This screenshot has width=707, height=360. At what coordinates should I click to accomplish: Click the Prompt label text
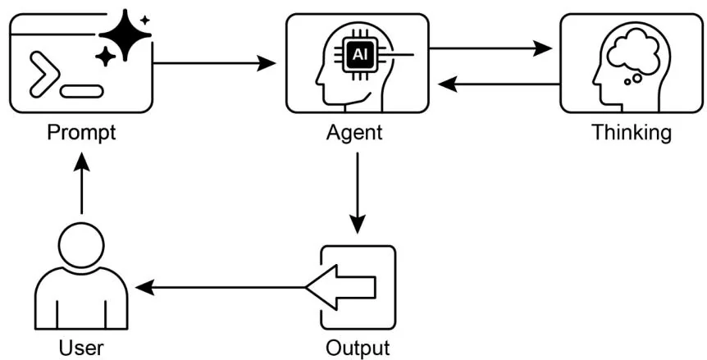[x=80, y=132]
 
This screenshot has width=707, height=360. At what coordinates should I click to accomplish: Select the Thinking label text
[x=632, y=132]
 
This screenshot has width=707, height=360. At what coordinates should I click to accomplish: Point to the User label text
[x=81, y=348]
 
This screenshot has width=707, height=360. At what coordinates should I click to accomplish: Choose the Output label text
[x=358, y=348]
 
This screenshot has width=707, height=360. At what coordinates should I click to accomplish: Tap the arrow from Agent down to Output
[x=358, y=193]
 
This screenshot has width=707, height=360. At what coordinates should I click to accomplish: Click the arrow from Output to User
[x=221, y=287]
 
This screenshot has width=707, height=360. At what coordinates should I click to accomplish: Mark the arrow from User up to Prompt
[x=81, y=185]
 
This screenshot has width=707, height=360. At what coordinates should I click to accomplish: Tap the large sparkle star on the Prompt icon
[x=124, y=34]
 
